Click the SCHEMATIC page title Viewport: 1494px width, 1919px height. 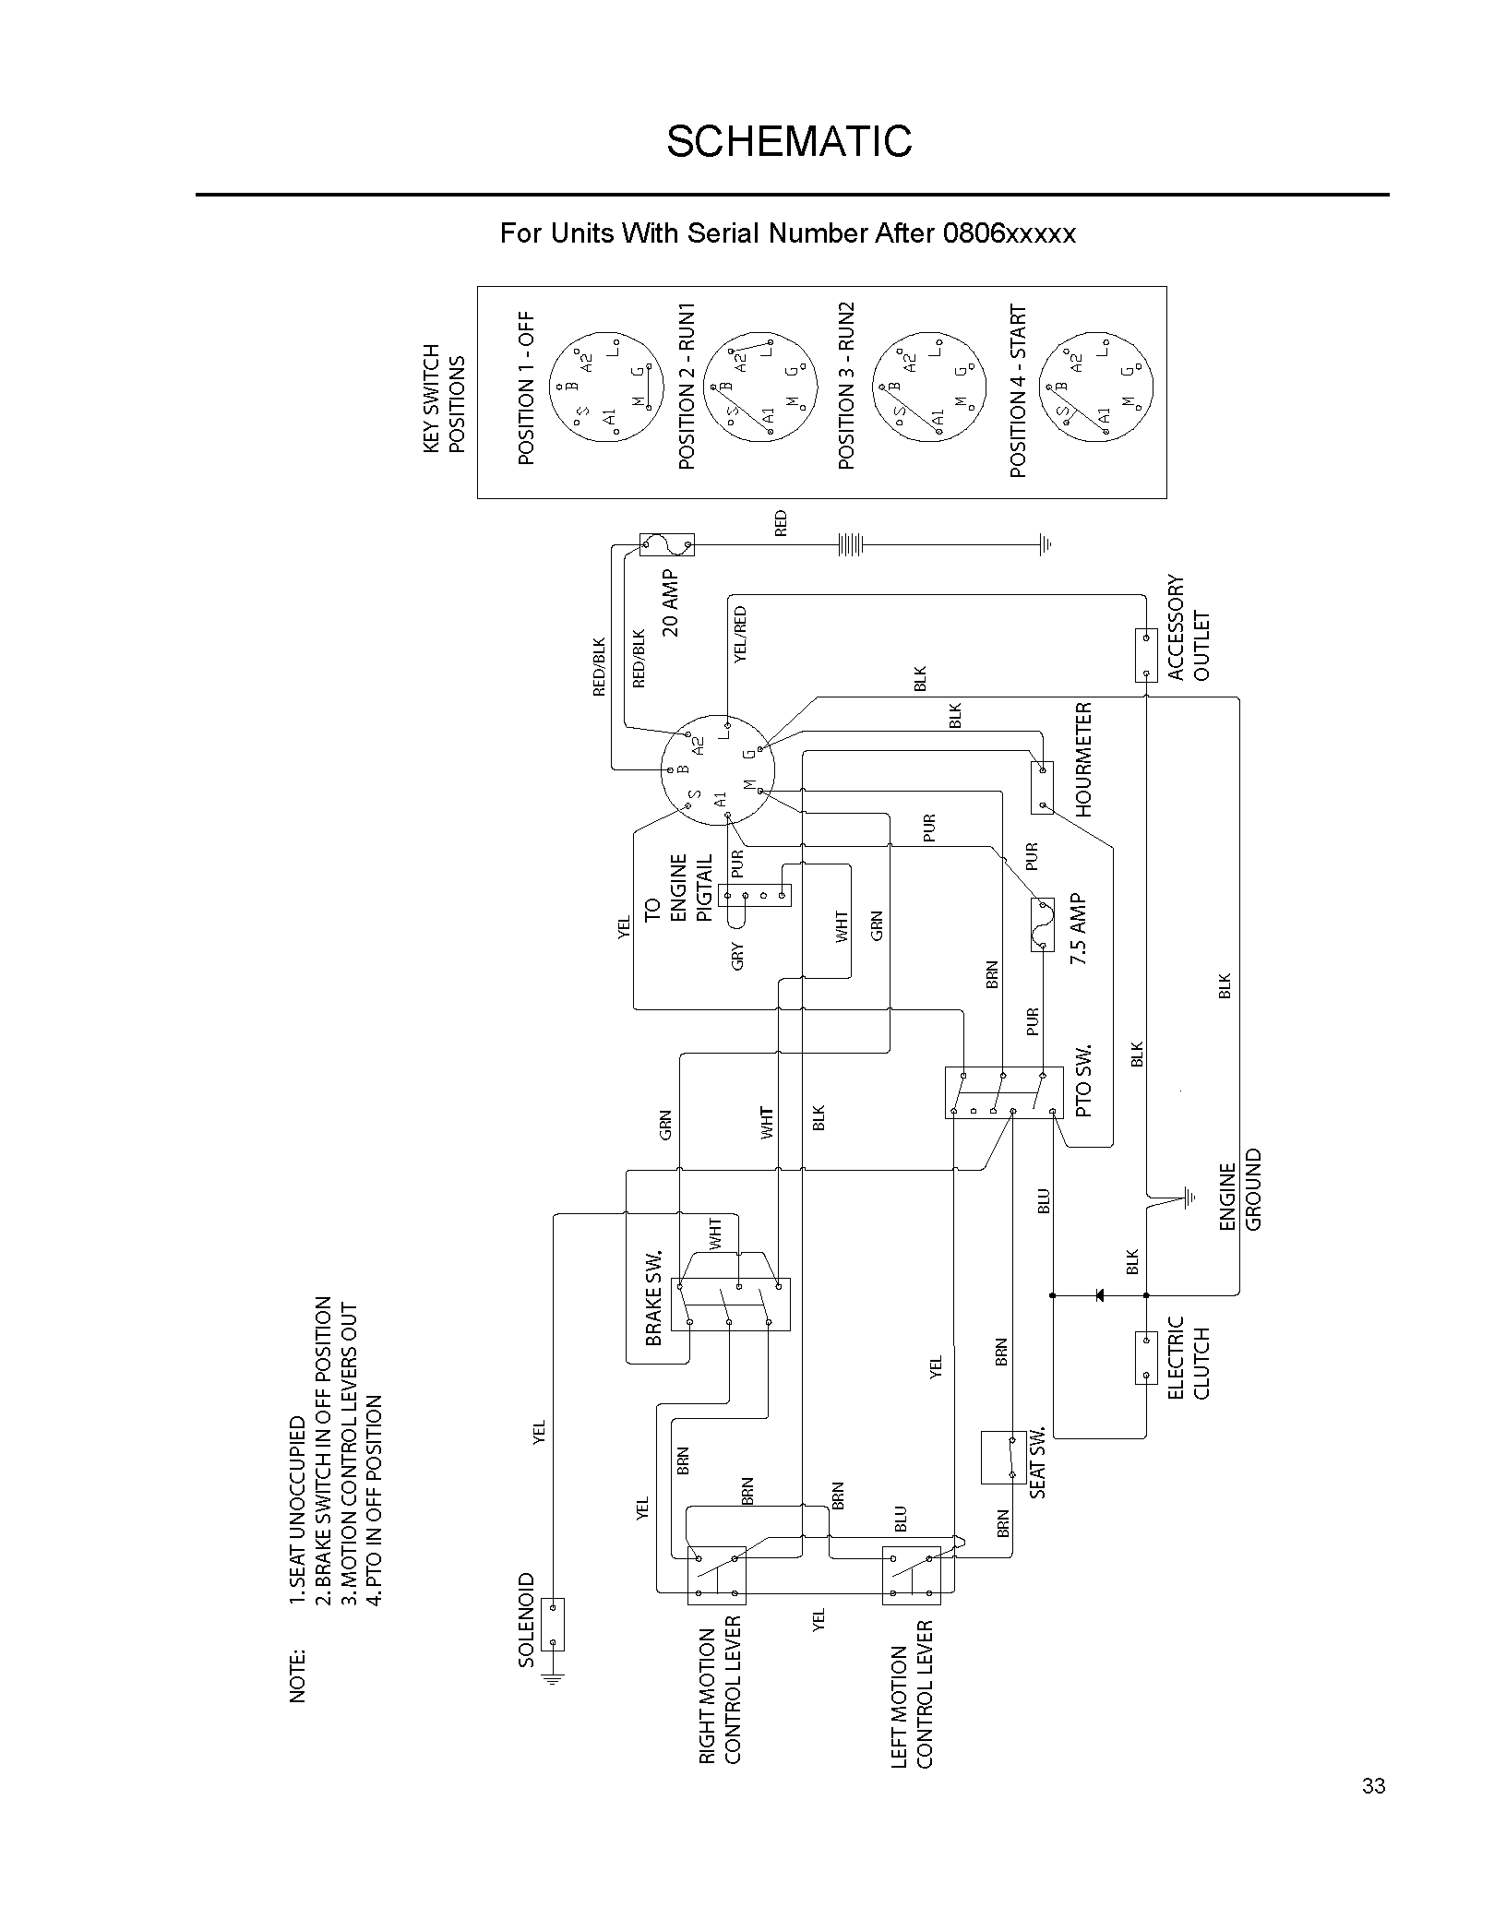tap(789, 141)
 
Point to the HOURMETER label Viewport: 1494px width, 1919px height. tap(1083, 759)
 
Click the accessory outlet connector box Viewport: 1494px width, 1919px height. tap(1145, 655)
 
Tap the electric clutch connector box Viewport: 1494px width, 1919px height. tap(1145, 1357)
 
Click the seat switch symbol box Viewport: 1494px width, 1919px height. tap(1004, 1457)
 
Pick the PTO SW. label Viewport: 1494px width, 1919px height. tap(1083, 1081)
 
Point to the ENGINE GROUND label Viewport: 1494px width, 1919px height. tap(1239, 1190)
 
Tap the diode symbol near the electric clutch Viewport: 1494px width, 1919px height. tap(1099, 1294)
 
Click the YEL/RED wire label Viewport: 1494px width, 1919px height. tap(739, 634)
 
